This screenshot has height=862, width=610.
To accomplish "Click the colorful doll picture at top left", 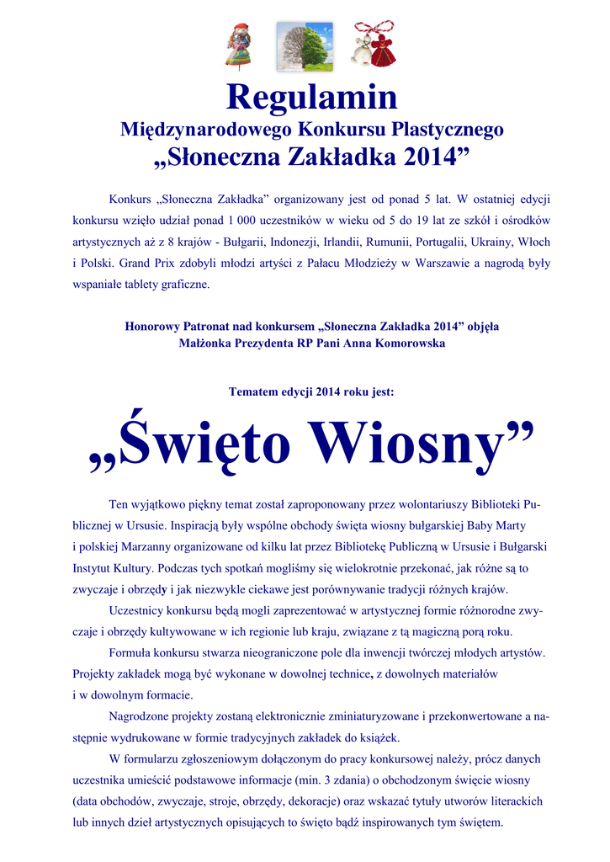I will [x=238, y=45].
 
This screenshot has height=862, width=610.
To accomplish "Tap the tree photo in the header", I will [x=305, y=46].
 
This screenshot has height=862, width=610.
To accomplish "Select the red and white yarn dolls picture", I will [x=373, y=45].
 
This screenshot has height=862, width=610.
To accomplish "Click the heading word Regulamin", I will [x=311, y=98].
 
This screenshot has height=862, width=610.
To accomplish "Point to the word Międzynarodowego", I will [x=207, y=130].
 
